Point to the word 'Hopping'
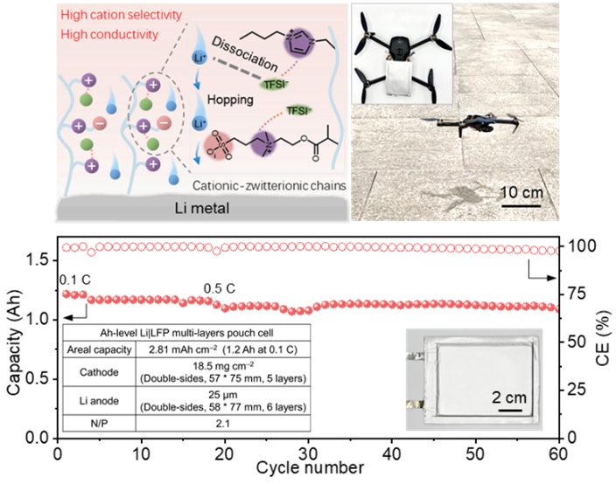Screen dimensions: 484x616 tap(230, 100)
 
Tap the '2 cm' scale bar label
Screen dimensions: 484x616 tap(508, 398)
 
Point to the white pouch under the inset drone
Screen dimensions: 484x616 tap(402, 79)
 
